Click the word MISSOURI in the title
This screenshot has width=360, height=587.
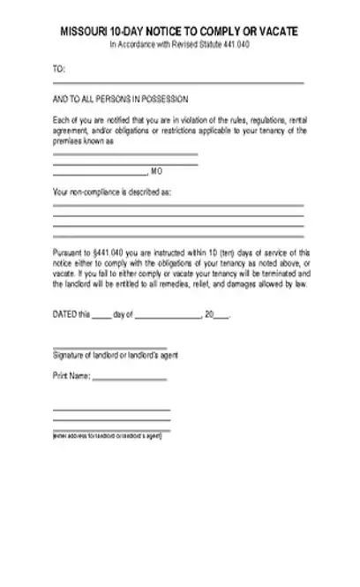[79, 31]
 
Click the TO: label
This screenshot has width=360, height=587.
[59, 69]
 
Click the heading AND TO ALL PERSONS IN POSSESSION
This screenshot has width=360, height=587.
[121, 100]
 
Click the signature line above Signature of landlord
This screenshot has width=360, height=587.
[109, 349]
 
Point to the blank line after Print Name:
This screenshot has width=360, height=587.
[130, 380]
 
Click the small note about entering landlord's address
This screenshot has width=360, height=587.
[107, 436]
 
